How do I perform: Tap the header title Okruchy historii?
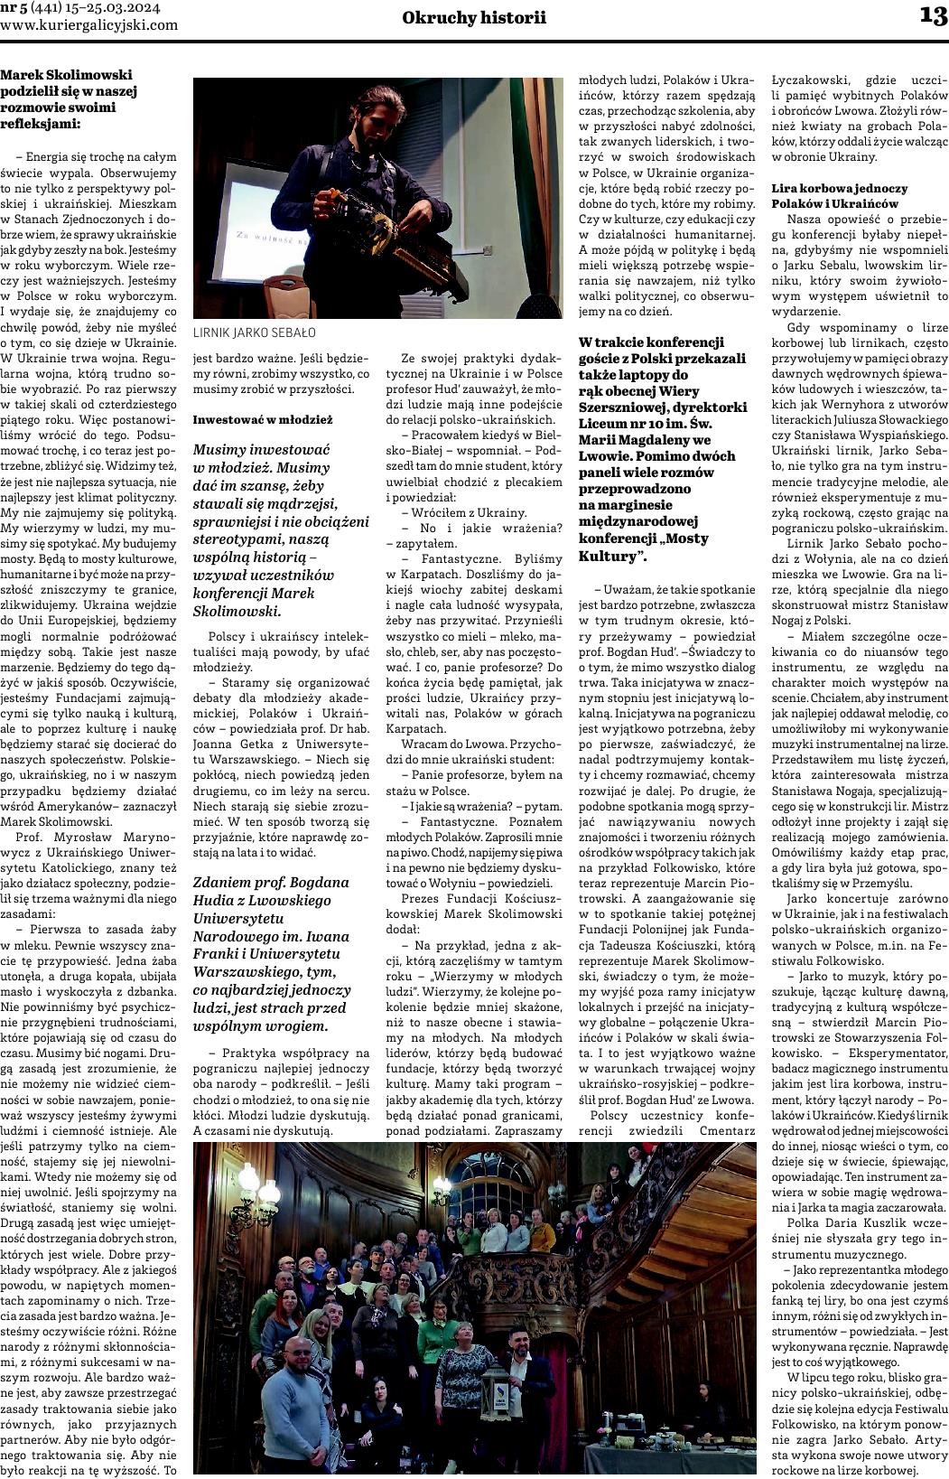tap(474, 17)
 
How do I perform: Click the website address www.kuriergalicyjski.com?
tap(89, 25)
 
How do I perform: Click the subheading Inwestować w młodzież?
tap(263, 419)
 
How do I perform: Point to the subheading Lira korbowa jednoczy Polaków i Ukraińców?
tap(839, 196)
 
